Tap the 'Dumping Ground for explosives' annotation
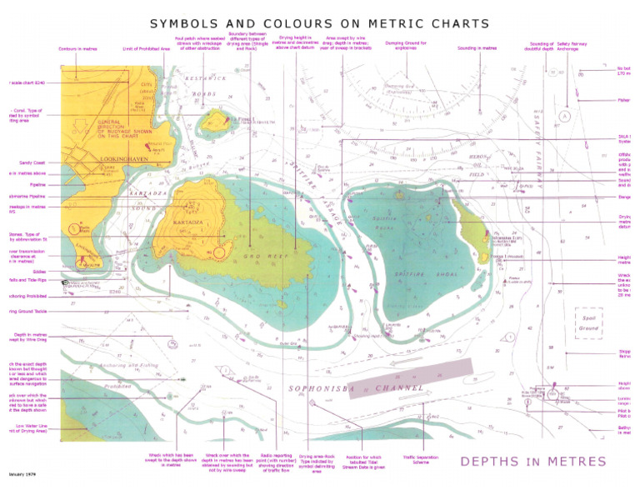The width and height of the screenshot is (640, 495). pos(406,45)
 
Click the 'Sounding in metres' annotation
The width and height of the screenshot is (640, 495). pos(477,48)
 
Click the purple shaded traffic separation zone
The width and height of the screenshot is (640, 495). pos(410,377)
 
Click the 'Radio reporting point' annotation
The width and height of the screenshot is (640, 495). pos(272,462)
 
